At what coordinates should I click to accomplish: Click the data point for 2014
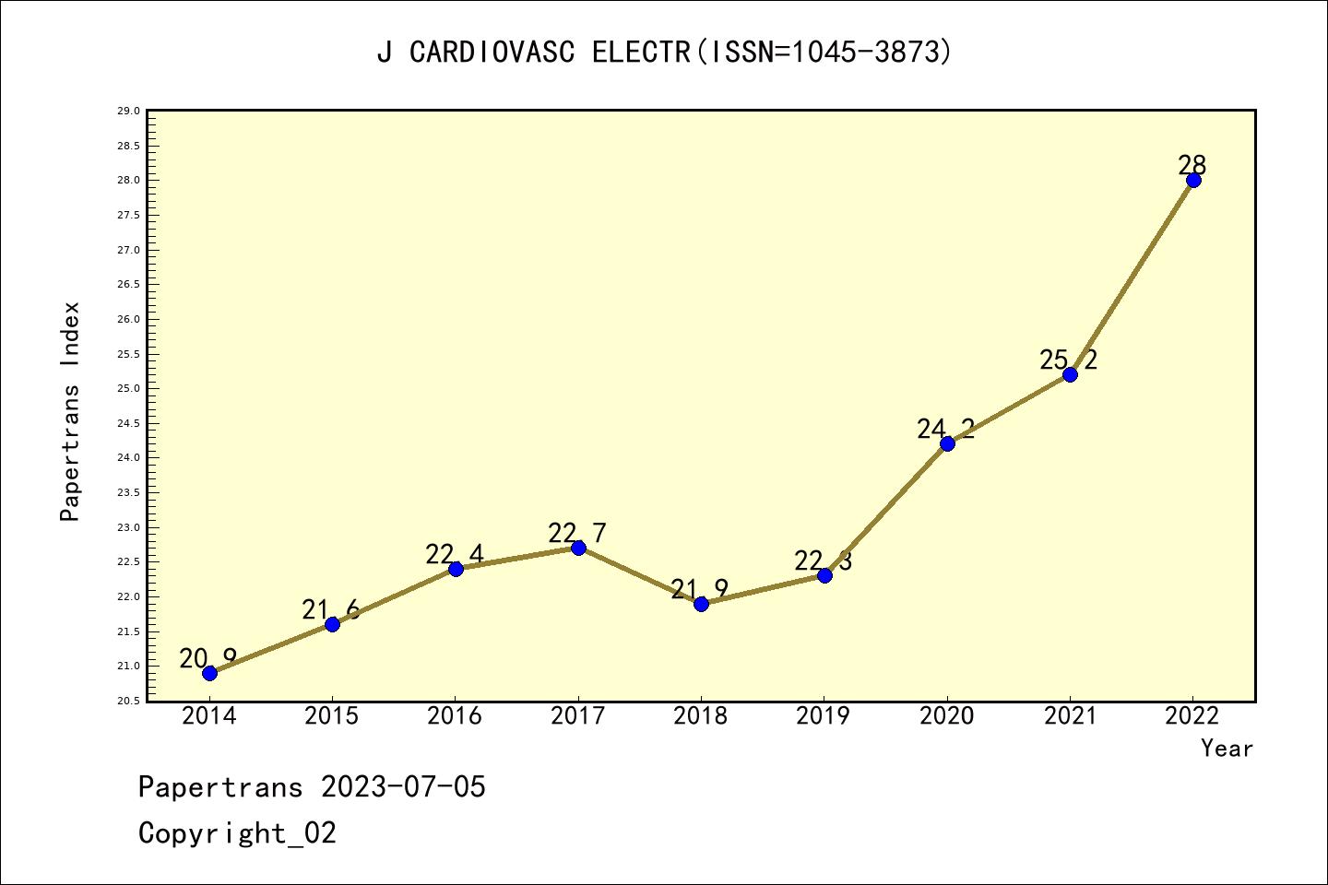[x=209, y=673]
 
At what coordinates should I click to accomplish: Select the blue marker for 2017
[x=578, y=548]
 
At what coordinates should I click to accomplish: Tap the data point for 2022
[x=1193, y=180]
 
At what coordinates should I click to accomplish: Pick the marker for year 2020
[x=947, y=443]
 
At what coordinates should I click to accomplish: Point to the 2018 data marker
[x=701, y=604]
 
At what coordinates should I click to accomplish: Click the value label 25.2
[x=1069, y=360]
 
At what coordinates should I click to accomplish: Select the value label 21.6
[x=330, y=609]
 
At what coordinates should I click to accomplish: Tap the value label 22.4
[x=455, y=554]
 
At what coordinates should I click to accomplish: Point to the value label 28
[x=1192, y=166]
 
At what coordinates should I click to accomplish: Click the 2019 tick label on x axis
[x=824, y=716]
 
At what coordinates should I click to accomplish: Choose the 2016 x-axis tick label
[x=455, y=716]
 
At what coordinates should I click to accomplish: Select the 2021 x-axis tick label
[x=1070, y=716]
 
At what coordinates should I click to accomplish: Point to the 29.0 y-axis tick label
[x=128, y=112]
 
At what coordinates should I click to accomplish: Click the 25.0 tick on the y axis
[x=128, y=389]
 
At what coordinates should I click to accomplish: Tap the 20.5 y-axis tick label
[x=128, y=701]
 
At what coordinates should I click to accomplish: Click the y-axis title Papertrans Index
[x=70, y=411]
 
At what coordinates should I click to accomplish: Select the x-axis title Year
[x=1227, y=749]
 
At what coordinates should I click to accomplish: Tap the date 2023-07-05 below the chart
[x=403, y=787]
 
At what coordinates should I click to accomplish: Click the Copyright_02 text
[x=237, y=833]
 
